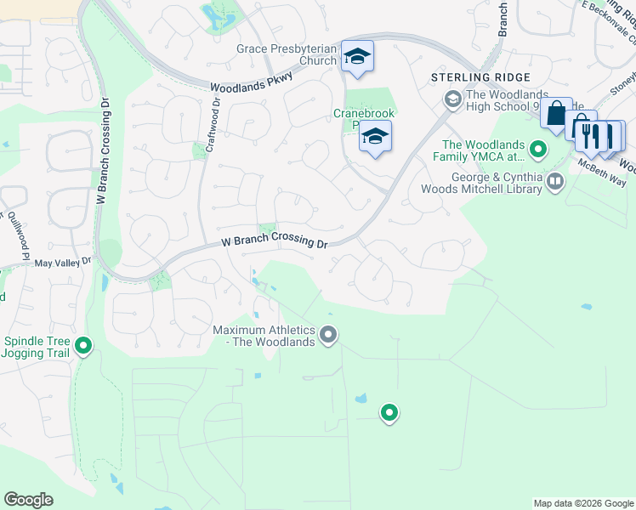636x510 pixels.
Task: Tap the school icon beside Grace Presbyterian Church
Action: click(358, 57)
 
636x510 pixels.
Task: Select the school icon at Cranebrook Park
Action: click(375, 137)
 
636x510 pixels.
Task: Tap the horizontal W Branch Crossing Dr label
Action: click(275, 243)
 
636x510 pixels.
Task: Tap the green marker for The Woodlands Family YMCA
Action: click(537, 150)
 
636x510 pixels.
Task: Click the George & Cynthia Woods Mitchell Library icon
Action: click(555, 181)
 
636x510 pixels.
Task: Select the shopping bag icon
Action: click(556, 114)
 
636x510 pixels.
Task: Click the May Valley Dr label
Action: click(63, 263)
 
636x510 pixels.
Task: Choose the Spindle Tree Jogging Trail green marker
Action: click(83, 346)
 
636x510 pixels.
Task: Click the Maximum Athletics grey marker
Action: click(328, 336)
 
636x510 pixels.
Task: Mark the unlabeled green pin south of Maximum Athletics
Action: click(389, 413)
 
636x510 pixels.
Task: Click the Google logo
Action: click(28, 500)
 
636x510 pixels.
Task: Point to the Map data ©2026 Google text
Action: click(582, 503)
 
